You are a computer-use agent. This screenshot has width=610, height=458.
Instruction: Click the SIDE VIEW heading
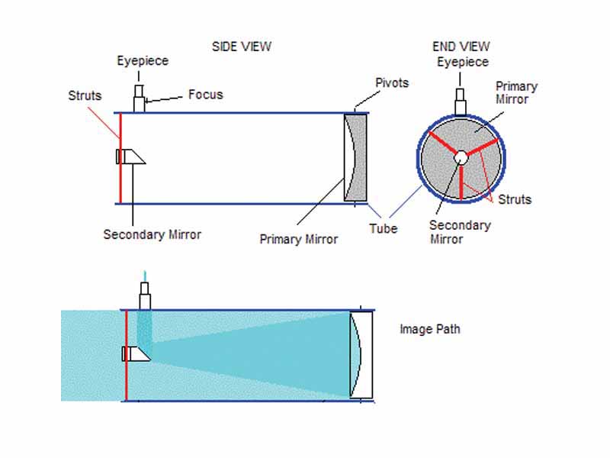[241, 47]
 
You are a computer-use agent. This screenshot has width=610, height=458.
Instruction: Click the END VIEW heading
[461, 47]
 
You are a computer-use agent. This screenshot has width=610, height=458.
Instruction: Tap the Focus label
[205, 95]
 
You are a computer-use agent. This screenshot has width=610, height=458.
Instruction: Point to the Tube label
[383, 228]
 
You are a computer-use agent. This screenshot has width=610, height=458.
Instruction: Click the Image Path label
[429, 330]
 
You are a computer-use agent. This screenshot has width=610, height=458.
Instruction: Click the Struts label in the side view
[84, 95]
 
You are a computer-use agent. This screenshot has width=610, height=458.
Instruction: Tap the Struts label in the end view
[514, 200]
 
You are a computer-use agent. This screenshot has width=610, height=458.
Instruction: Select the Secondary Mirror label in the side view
[152, 234]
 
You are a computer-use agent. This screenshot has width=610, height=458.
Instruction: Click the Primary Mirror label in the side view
[298, 239]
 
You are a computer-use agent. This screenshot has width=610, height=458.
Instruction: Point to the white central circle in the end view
[461, 157]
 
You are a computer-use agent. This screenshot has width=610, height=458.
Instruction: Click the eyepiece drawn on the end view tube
[461, 103]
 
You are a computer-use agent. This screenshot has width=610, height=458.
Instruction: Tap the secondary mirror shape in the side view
[131, 156]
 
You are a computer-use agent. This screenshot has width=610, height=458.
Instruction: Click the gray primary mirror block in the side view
[356, 158]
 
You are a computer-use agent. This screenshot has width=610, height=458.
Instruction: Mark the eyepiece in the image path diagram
[144, 294]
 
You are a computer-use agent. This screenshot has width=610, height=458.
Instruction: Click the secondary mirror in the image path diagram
[136, 353]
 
